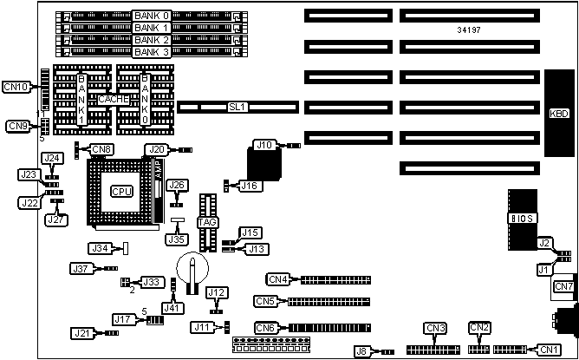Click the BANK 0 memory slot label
[151, 16]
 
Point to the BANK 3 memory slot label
[151, 51]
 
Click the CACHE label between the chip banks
[114, 99]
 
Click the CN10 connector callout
[16, 86]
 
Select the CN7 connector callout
[563, 286]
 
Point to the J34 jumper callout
[101, 249]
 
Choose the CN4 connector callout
[276, 279]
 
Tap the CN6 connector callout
[266, 327]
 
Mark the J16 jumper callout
[250, 185]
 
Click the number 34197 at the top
[469, 30]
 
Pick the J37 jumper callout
[82, 269]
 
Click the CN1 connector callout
[548, 350]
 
